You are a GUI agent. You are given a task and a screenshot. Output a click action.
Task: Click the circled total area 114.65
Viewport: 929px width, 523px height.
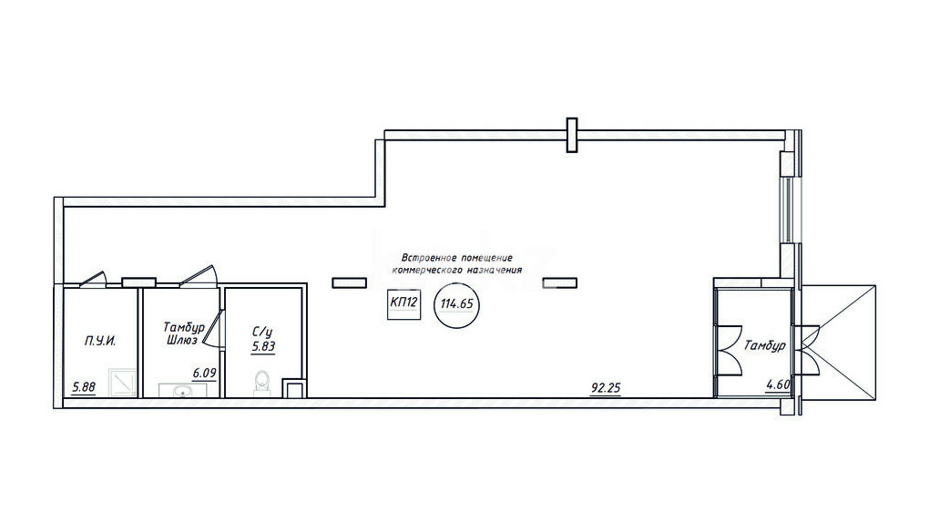click(457, 304)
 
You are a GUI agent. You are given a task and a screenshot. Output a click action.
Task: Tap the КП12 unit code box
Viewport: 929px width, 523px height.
click(404, 304)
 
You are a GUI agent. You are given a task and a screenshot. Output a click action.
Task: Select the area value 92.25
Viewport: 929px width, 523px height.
click(606, 388)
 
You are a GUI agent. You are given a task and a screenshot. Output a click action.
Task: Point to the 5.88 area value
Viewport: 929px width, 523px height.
click(84, 388)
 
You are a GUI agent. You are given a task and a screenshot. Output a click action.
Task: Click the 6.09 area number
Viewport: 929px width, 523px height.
click(204, 374)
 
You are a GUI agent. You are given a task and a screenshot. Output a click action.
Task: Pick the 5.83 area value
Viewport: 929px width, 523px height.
click(263, 347)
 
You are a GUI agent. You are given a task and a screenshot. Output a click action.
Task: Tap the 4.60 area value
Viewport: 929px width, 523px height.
click(778, 385)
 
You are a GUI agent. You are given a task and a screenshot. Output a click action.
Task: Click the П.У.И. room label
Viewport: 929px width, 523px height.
click(99, 341)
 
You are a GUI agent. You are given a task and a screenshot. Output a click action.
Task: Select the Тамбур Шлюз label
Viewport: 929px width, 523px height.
click(184, 333)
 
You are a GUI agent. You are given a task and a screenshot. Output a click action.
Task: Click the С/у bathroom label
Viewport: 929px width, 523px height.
click(262, 332)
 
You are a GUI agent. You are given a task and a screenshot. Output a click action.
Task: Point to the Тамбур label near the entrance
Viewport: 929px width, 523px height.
click(765, 345)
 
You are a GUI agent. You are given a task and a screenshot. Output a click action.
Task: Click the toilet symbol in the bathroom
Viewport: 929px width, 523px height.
click(260, 383)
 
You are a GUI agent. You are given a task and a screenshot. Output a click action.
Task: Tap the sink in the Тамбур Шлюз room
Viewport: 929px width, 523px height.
click(182, 390)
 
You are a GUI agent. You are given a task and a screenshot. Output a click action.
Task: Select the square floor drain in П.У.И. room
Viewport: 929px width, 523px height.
click(123, 383)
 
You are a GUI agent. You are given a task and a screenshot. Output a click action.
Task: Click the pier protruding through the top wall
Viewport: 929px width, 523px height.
click(572, 135)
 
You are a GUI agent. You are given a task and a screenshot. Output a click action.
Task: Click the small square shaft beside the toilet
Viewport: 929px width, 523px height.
click(293, 388)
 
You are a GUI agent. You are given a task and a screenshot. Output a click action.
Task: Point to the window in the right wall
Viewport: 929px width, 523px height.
click(788, 210)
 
